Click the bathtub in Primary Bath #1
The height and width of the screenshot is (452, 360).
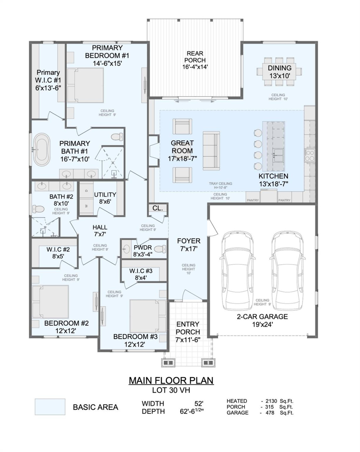pos(42,150)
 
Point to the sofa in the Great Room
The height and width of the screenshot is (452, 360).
pos(211,150)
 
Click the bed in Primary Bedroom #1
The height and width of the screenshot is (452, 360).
pos(85,85)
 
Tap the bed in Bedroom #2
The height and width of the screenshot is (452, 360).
pos(51,302)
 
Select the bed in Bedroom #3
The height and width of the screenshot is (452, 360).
pos(148,316)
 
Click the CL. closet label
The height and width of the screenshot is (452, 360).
pos(158,208)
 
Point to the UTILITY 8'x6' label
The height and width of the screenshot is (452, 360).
pos(105,198)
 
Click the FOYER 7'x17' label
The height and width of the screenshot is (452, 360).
pos(189,245)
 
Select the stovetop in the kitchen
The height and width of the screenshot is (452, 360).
pos(310,155)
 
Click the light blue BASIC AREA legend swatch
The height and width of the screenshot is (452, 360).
pos(50,407)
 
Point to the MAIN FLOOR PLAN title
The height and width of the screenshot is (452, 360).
pos(171,380)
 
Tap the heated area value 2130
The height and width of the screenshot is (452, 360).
pos(271,401)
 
